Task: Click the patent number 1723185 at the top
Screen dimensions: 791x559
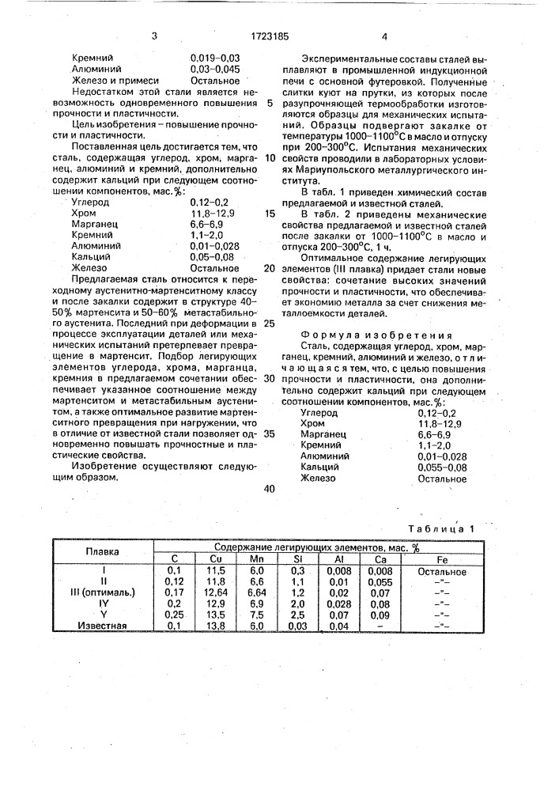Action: click(270, 36)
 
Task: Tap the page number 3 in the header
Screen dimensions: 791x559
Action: click(154, 36)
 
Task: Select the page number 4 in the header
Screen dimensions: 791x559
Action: click(383, 36)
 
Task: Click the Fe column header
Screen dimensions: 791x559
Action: click(443, 559)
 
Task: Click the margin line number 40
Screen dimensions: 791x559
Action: click(270, 488)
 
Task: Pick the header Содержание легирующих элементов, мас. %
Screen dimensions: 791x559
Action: click(315, 547)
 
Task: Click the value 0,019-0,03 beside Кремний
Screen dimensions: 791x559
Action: click(215, 58)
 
